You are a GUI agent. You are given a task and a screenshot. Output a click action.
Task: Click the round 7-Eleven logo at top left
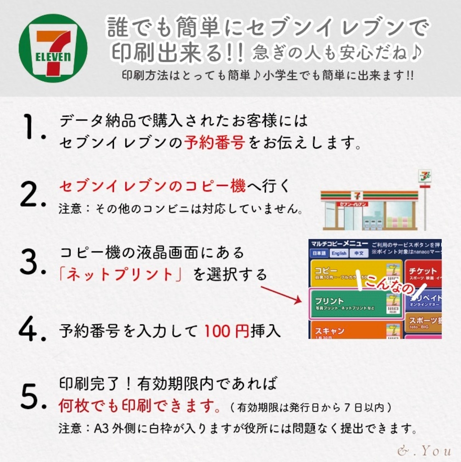(x=53, y=48)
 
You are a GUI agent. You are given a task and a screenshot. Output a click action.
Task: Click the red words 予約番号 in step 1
(x=215, y=143)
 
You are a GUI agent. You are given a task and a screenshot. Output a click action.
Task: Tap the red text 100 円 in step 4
(x=227, y=331)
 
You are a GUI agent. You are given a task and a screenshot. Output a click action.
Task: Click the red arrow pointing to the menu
(x=281, y=295)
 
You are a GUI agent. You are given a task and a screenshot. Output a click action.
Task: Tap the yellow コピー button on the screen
(x=355, y=273)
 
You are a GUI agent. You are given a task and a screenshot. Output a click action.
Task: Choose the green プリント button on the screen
(x=355, y=304)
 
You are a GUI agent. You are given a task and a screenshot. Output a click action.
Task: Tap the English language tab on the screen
(x=339, y=253)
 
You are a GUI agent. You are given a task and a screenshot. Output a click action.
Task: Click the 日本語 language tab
(x=319, y=253)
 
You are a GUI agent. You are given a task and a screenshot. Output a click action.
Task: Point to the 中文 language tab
(x=359, y=253)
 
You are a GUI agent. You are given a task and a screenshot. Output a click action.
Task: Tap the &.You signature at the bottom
(x=424, y=450)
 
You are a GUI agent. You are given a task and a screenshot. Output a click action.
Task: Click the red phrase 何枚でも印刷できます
(x=140, y=407)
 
